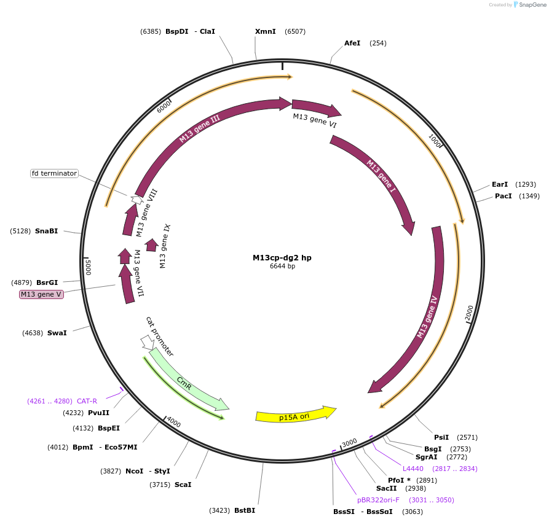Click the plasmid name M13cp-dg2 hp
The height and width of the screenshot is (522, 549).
coord(282,258)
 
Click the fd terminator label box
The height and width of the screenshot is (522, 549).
coord(55,173)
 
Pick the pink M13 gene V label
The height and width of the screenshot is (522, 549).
coord(42,294)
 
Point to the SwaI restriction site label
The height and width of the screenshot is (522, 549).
coord(57,333)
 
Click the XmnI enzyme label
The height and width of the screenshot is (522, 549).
coord(266,31)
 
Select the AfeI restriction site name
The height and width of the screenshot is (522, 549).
coord(352,43)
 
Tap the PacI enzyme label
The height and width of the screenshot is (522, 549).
coord(504,196)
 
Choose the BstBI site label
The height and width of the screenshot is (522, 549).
coord(245,510)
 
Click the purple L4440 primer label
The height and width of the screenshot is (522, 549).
coord(414,469)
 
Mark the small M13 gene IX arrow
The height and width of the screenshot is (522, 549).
coord(151,245)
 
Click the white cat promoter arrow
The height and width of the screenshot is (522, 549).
coord(148,341)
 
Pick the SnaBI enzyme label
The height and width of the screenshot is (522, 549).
coord(47,231)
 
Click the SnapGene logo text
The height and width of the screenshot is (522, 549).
coord(533,5)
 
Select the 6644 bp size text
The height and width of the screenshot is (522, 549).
coord(282,267)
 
